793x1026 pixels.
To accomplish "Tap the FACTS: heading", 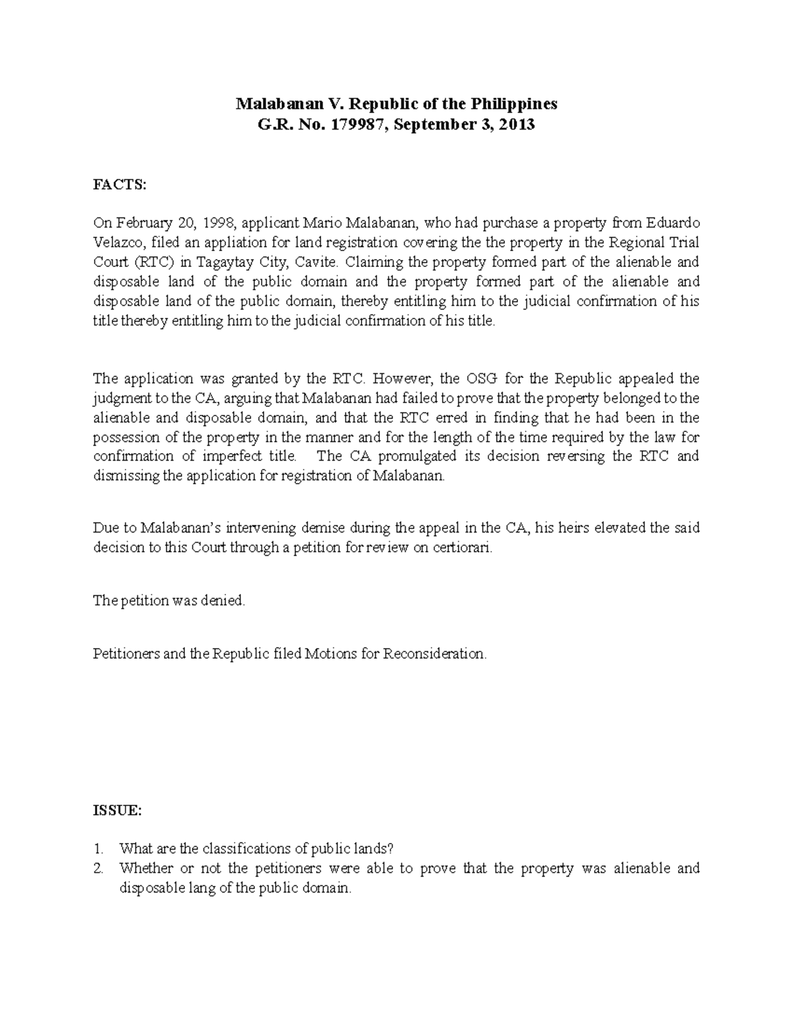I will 118,185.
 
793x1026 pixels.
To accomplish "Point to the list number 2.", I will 98,869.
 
